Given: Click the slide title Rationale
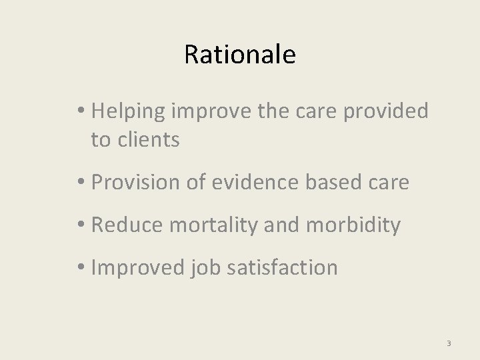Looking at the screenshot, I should [x=239, y=55].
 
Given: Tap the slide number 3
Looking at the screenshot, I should [x=449, y=343].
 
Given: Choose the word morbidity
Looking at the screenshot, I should [x=353, y=225].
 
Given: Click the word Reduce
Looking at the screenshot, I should [x=127, y=225].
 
